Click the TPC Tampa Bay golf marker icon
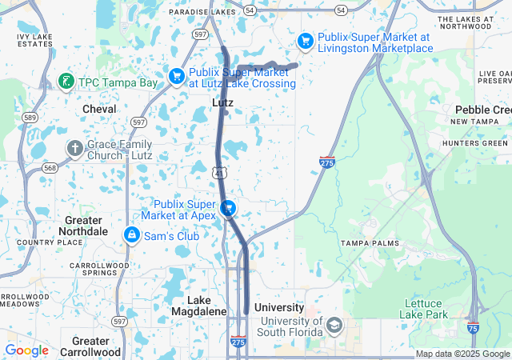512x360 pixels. [66, 82]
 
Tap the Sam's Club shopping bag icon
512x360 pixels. [131, 235]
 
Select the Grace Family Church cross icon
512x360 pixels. [74, 148]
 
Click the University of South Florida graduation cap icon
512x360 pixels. [333, 326]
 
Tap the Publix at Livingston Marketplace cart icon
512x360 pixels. [305, 41]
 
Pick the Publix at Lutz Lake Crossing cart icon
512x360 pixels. [177, 76]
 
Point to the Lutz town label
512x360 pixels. [222, 103]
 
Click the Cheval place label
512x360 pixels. [99, 109]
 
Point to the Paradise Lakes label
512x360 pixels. [202, 12]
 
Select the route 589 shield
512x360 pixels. [30, 118]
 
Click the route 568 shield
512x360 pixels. [50, 167]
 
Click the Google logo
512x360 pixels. [26, 350]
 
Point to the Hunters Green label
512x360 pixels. [478, 143]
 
